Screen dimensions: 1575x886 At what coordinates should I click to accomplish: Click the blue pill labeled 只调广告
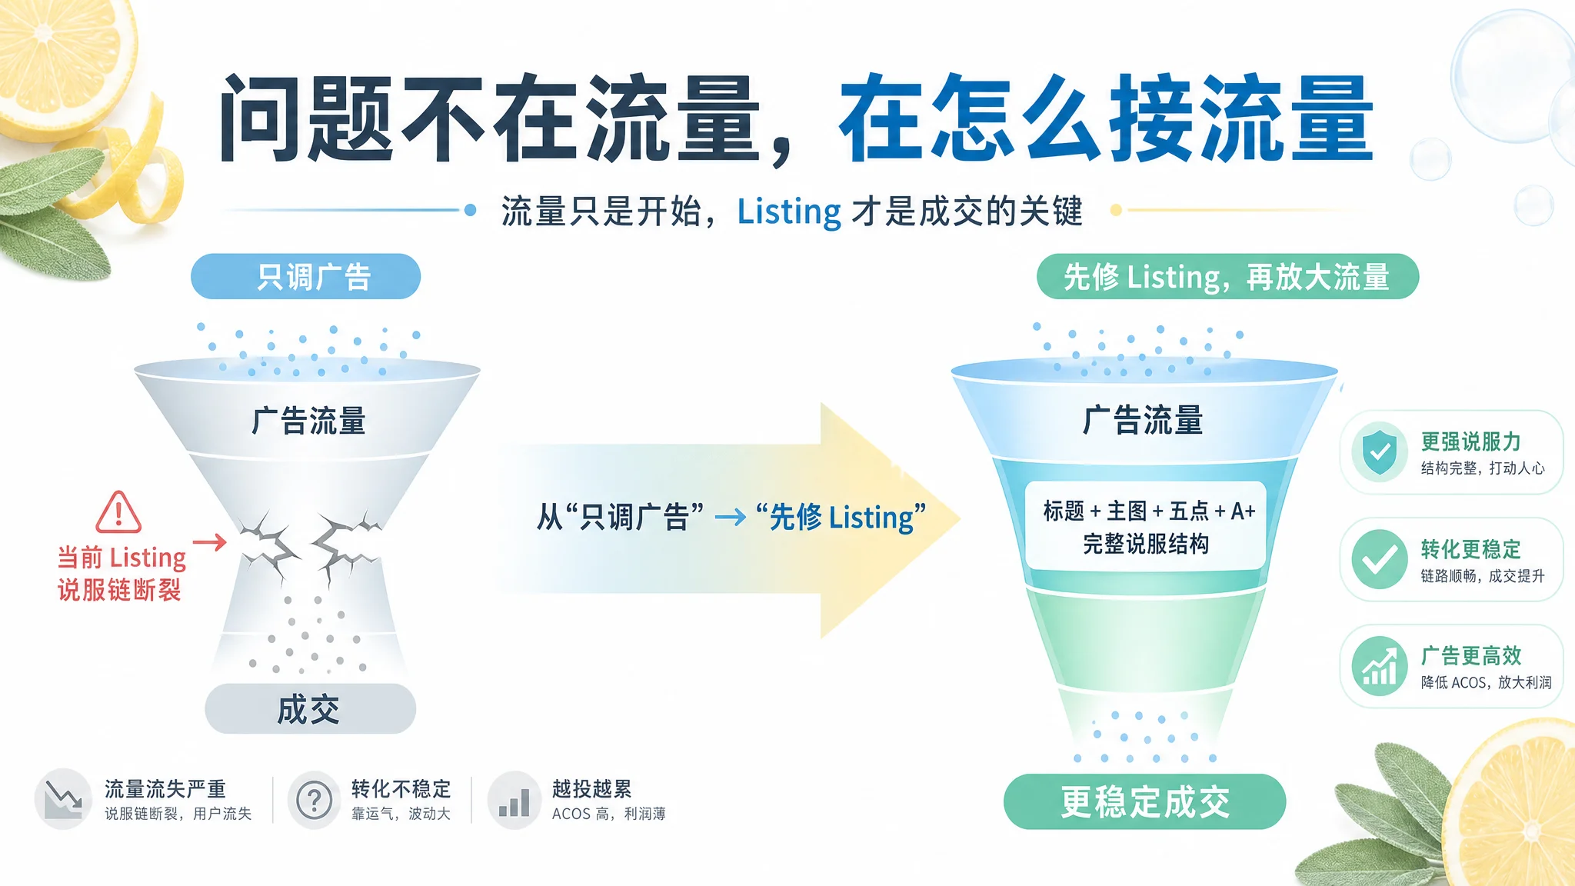click(x=305, y=276)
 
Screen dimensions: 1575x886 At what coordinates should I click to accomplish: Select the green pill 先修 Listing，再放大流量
click(x=1227, y=276)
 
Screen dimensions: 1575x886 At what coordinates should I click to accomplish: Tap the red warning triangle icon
click(x=118, y=513)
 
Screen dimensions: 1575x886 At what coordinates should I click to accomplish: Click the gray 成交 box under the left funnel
click(x=310, y=708)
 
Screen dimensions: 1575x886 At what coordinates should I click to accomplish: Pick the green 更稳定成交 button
click(x=1144, y=801)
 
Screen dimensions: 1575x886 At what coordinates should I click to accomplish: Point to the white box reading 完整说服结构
click(x=1146, y=526)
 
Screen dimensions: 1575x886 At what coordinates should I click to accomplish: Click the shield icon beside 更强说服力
click(x=1380, y=452)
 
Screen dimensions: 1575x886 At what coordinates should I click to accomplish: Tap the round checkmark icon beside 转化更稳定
click(x=1380, y=559)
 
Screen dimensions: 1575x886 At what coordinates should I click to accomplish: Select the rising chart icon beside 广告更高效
click(x=1380, y=666)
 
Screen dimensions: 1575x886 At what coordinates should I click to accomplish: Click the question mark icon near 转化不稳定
click(x=314, y=800)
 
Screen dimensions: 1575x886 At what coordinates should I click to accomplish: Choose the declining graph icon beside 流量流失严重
click(x=63, y=799)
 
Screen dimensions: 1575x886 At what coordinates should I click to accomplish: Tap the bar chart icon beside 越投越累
click(x=514, y=800)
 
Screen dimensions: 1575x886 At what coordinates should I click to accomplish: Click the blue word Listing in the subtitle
click(x=789, y=212)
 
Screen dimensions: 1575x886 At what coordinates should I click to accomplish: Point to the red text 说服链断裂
click(x=119, y=590)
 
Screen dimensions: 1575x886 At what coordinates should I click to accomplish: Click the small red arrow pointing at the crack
click(x=209, y=542)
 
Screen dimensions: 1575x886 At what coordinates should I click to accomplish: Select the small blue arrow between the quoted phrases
click(x=731, y=518)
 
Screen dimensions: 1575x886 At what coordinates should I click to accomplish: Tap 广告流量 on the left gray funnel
click(x=308, y=421)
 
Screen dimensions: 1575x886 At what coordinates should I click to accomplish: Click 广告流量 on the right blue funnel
click(x=1143, y=421)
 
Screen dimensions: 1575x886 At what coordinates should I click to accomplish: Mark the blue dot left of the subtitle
click(x=471, y=210)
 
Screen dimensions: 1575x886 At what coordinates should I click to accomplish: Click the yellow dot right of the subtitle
click(x=1116, y=210)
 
